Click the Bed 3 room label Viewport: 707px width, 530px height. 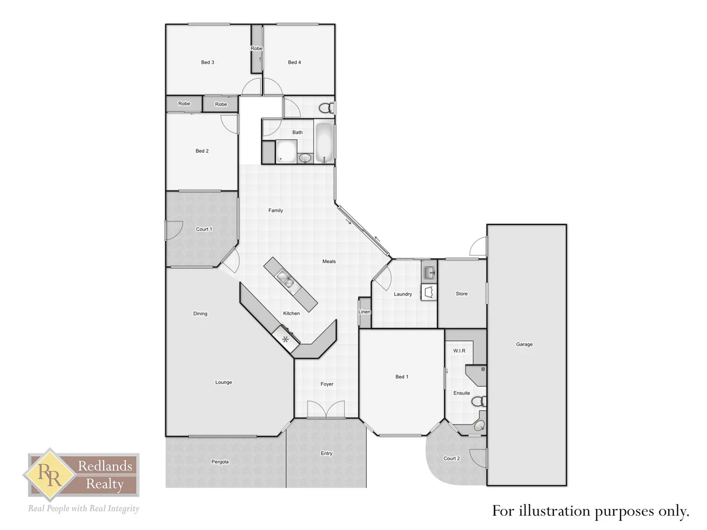207,62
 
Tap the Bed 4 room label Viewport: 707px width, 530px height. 294,62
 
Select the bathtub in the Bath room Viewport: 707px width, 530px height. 324,142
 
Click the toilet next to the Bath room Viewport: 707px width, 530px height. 326,108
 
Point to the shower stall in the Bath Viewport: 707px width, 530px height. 286,151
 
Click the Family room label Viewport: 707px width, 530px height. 275,211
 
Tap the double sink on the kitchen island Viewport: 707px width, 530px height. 285,280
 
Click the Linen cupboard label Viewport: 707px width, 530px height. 364,312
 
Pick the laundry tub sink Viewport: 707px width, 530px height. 429,272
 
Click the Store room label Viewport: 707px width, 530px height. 462,294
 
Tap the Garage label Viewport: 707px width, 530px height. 524,344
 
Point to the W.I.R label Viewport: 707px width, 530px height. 459,351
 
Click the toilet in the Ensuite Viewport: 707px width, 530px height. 478,402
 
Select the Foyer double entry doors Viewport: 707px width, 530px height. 326,410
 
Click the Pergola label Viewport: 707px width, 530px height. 220,462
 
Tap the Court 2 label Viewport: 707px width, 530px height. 451,458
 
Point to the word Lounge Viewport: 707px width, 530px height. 223,382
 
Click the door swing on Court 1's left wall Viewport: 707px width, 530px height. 173,231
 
